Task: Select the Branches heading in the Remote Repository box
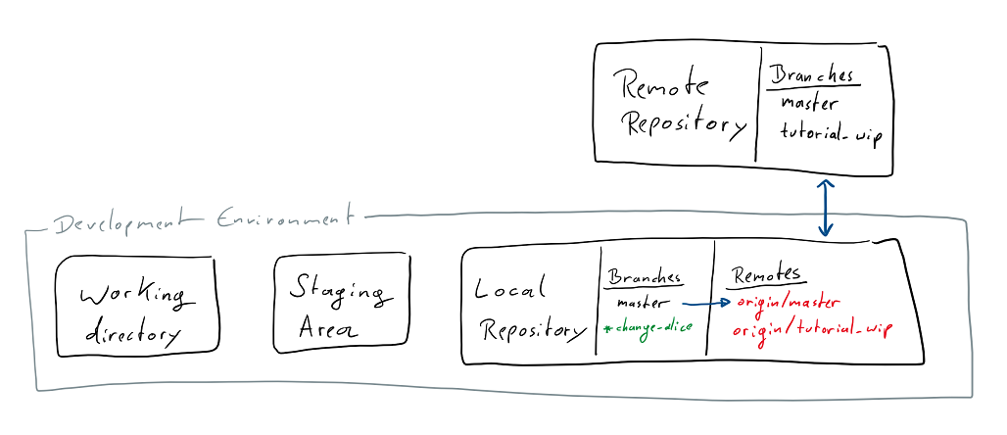pos(810,75)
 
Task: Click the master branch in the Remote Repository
pos(809,103)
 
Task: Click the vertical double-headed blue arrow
pos(825,208)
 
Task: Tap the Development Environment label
pos(201,220)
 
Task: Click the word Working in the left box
pos(132,293)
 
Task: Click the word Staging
pos(336,290)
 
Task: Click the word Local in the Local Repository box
pos(508,289)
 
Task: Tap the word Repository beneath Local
pos(532,330)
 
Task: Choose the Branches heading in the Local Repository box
pos(644,277)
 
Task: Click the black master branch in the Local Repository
pos(643,303)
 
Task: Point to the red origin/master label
pos(789,303)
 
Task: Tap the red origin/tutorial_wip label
pos(812,329)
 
